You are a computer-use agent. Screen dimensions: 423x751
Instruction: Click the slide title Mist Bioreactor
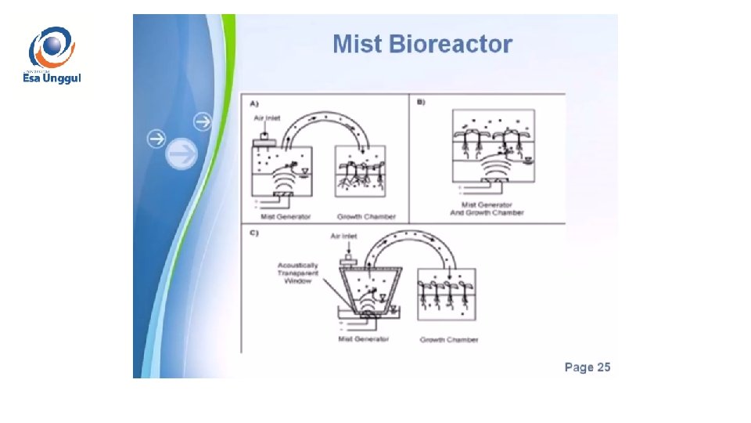[422, 44]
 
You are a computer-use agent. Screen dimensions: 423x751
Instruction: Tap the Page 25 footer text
[587, 367]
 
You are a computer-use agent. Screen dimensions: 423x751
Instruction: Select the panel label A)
[254, 103]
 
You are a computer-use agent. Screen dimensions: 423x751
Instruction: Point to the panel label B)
[421, 103]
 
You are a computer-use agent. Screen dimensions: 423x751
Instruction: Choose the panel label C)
[254, 233]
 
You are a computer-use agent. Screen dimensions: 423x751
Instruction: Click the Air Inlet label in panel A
[266, 118]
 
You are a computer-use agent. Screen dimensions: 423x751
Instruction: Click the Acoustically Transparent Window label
[298, 273]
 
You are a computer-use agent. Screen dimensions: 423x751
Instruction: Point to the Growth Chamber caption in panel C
[448, 339]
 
